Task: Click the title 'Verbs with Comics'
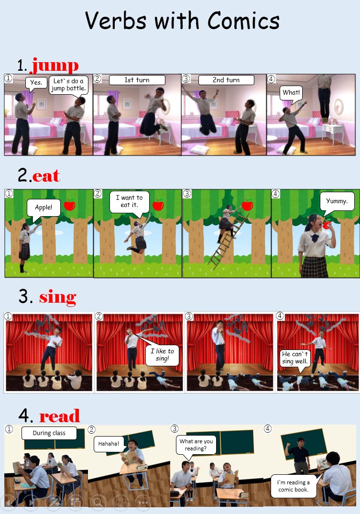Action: (182, 21)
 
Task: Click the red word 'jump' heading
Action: (55, 65)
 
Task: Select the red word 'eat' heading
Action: (46, 175)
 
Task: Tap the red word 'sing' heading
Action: (58, 298)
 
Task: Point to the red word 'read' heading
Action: (60, 416)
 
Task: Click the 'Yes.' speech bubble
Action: (36, 83)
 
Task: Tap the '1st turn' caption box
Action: (137, 80)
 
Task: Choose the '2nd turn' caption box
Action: (226, 80)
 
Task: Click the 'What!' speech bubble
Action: (291, 93)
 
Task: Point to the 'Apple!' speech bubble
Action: (44, 208)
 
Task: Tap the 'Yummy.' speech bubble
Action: (337, 202)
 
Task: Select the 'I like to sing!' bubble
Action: (162, 355)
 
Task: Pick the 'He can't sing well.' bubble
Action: (295, 359)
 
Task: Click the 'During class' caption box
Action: (49, 433)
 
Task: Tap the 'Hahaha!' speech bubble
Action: (109, 444)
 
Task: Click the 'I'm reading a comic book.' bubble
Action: (294, 486)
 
